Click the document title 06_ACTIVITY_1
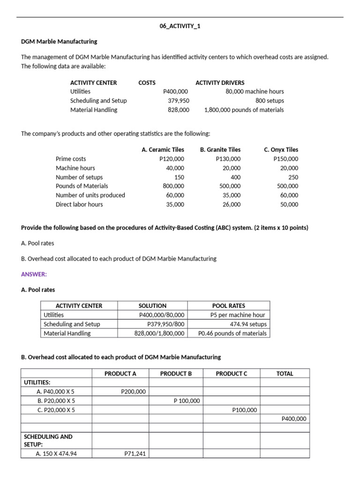coord(180,26)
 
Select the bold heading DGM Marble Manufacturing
coord(59,41)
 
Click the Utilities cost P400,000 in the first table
coord(176,91)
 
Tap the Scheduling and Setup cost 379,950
coord(179,100)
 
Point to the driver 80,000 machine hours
coord(255,91)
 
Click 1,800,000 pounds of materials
coord(244,110)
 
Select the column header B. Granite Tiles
coord(220,150)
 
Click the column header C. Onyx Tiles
coord(281,150)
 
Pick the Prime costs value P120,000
coord(172,159)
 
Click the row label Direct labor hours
coord(79,204)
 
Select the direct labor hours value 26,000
coord(231,204)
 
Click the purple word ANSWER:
coord(34,274)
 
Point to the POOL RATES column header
coord(229,306)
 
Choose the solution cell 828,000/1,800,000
coord(159,333)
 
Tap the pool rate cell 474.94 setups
coord(248,324)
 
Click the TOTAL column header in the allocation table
coord(285,374)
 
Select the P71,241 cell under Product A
coord(135,453)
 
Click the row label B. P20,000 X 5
coord(56,401)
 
